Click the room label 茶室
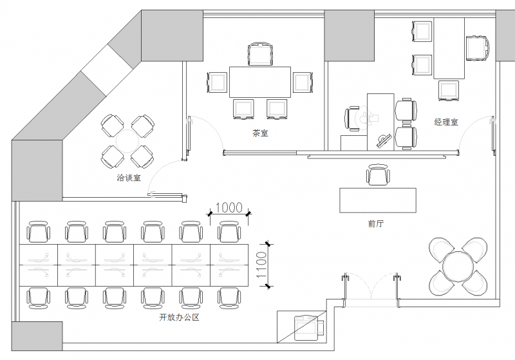click(x=261, y=134)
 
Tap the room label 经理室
click(x=446, y=121)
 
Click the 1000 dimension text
click(x=228, y=207)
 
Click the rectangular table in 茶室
click(x=261, y=82)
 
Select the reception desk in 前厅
click(x=378, y=199)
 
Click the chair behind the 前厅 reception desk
click(x=378, y=175)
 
